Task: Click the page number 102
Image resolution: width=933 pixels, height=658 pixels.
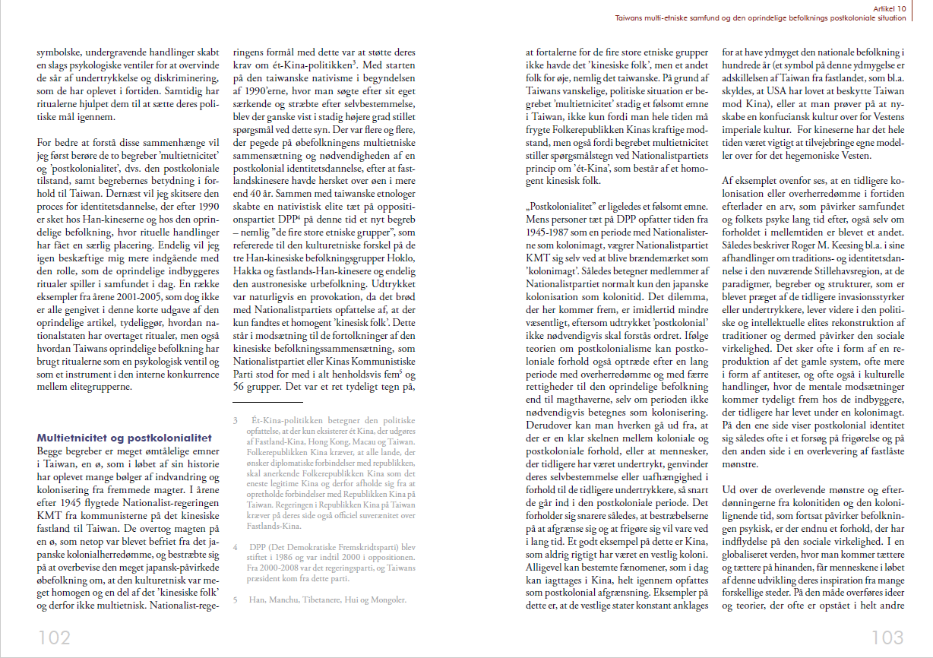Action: point(55,637)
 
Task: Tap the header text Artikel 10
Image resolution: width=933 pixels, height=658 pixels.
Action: point(886,6)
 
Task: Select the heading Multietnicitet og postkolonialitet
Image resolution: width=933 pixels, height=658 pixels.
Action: point(125,438)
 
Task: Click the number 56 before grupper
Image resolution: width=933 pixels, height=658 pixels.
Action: point(239,388)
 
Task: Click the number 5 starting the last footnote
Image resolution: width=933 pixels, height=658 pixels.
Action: point(236,599)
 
